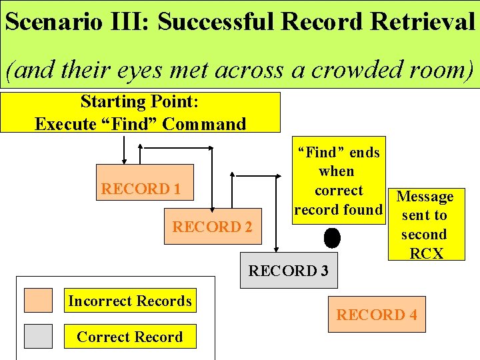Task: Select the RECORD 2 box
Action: [213, 227]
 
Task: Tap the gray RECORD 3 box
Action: [288, 270]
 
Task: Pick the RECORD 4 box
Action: [376, 314]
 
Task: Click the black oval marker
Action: [331, 237]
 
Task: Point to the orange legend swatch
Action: [38, 300]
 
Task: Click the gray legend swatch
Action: [38, 336]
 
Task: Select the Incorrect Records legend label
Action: [130, 301]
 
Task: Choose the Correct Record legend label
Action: [130, 337]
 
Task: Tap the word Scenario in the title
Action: [53, 22]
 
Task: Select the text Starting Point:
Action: [140, 102]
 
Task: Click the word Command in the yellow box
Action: [204, 124]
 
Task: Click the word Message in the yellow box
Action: [425, 197]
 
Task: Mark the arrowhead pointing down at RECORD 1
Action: [124, 161]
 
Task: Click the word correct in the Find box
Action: [339, 191]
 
